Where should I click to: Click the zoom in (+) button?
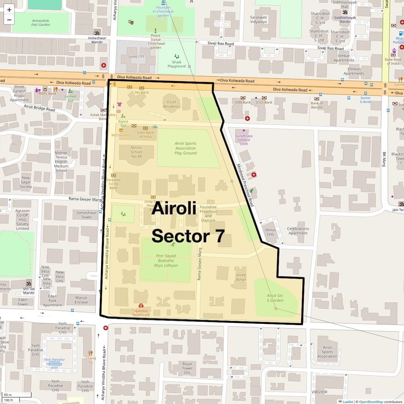[x=9, y=10]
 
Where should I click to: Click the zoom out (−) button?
[x=9, y=20]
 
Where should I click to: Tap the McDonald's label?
[x=120, y=135]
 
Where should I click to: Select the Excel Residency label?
[x=172, y=104]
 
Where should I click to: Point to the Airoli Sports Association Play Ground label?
[x=185, y=148]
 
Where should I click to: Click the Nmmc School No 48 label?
[x=136, y=152]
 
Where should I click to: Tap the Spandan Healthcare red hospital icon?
[x=141, y=305]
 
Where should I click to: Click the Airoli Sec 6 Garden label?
[x=275, y=298]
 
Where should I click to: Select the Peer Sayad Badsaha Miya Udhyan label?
[x=166, y=260]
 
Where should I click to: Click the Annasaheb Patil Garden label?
[x=40, y=23]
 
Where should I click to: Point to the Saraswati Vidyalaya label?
[x=258, y=19]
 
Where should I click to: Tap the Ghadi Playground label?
[x=176, y=64]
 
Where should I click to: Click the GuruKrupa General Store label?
[x=244, y=140]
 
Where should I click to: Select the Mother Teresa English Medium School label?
[x=61, y=162]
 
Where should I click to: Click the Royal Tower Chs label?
[x=187, y=368]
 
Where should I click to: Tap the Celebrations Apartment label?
[x=298, y=231]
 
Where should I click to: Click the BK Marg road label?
[x=384, y=159]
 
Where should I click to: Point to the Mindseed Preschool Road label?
[x=245, y=185]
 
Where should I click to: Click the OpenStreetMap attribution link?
[x=371, y=402]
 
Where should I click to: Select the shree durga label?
[x=241, y=277]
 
